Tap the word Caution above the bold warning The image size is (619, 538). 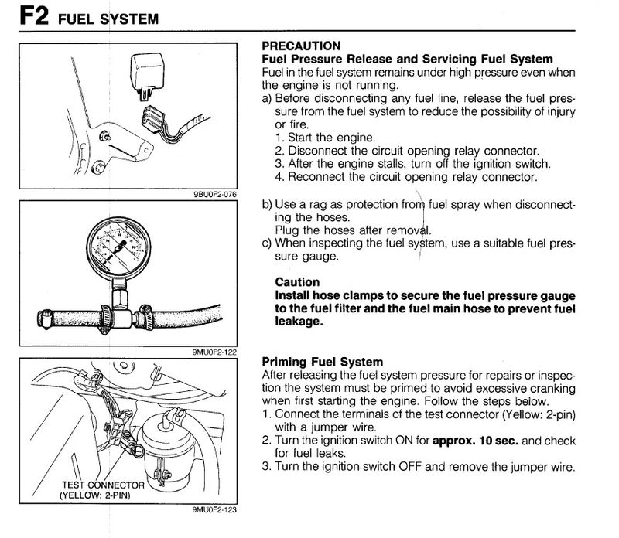pos(297,283)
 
